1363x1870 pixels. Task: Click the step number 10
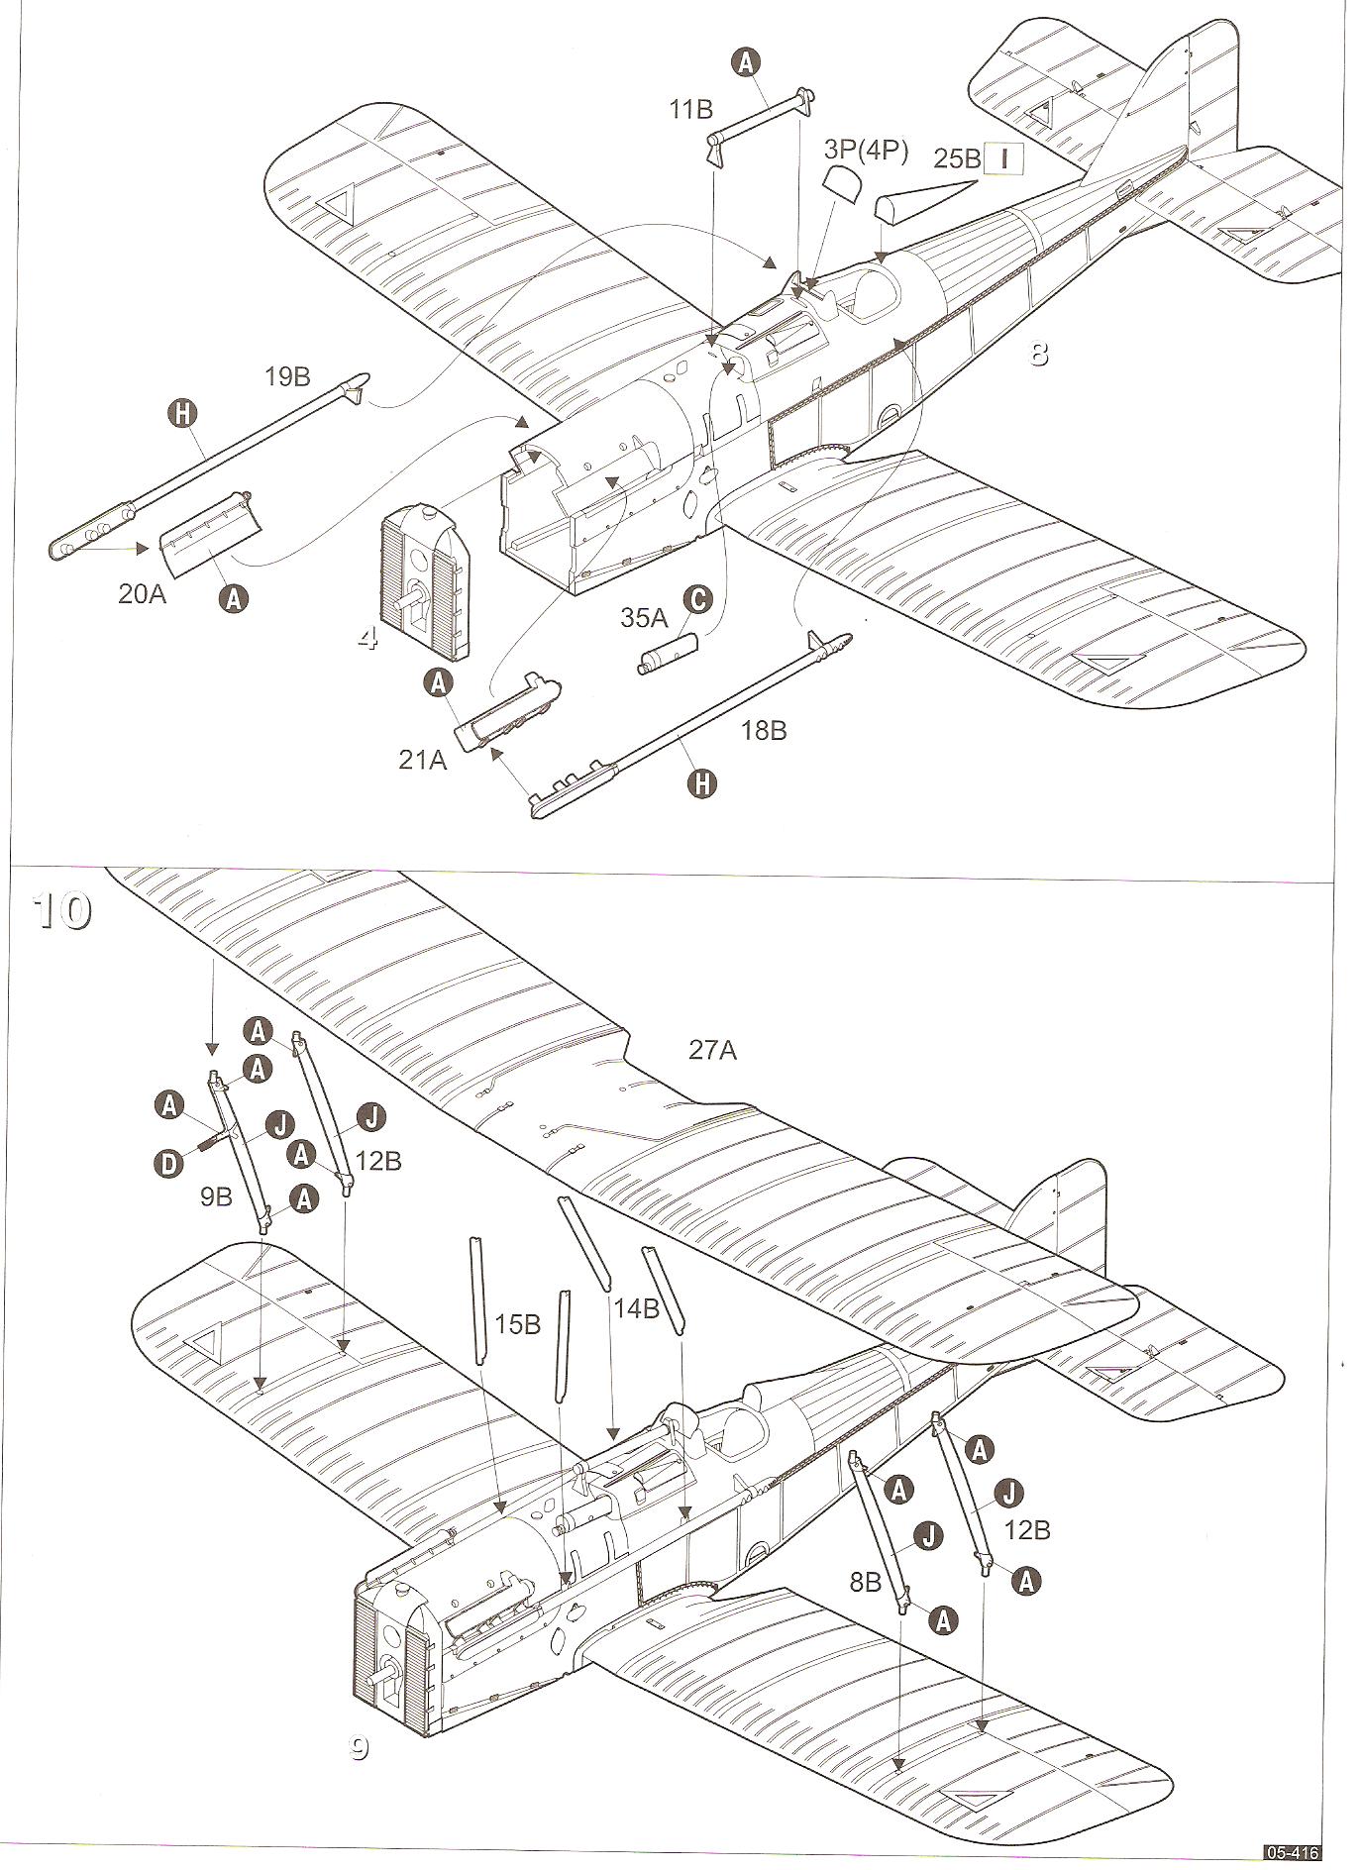coord(61,909)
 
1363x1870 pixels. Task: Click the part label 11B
coord(690,109)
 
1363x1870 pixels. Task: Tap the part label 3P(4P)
coord(866,150)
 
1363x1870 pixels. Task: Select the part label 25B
coord(957,158)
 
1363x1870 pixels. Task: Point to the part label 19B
coord(287,376)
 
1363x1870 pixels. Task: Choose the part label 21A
coord(423,760)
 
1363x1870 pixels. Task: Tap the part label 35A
coord(645,617)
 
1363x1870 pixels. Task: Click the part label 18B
coord(764,731)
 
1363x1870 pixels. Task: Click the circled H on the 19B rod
coord(181,413)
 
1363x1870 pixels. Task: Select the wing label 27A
coord(713,1050)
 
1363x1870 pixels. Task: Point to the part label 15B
coord(517,1323)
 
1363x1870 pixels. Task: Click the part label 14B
coord(636,1307)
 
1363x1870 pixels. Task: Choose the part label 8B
coord(866,1582)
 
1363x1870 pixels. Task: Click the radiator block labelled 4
coord(423,584)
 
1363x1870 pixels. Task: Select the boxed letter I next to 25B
coord(1002,157)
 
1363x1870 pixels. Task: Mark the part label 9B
coord(215,1196)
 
